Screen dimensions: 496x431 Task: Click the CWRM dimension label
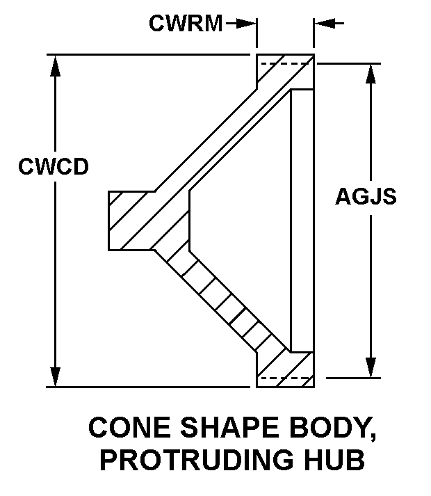pos(186,24)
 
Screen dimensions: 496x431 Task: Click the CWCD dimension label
pos(54,167)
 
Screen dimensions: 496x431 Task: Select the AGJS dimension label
pos(366,197)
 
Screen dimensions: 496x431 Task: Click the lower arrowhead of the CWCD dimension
pos(56,375)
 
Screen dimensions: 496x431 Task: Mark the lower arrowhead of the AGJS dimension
pos(373,367)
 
